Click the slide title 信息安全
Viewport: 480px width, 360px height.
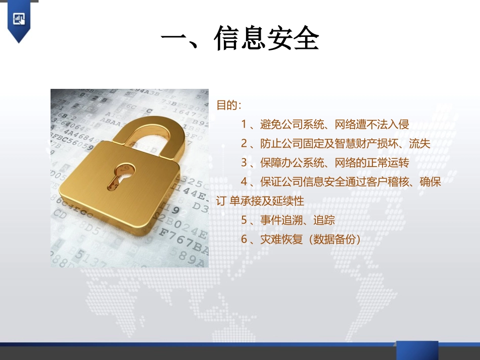pos(240,39)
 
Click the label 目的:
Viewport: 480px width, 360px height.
pos(229,106)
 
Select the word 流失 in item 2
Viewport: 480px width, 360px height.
pos(419,144)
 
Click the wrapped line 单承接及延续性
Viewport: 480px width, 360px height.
pos(267,201)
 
